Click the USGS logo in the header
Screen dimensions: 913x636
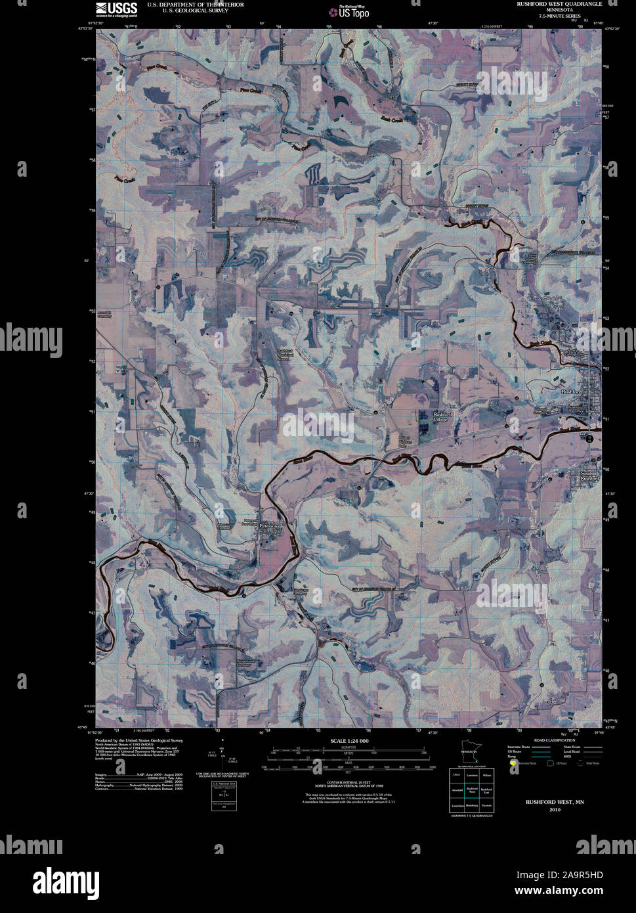click(117, 9)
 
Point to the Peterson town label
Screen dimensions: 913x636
click(269, 526)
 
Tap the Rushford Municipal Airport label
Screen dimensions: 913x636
click(283, 355)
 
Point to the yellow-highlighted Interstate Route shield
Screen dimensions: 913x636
click(513, 763)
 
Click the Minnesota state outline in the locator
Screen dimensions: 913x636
click(468, 757)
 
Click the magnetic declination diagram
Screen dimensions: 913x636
click(223, 761)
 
